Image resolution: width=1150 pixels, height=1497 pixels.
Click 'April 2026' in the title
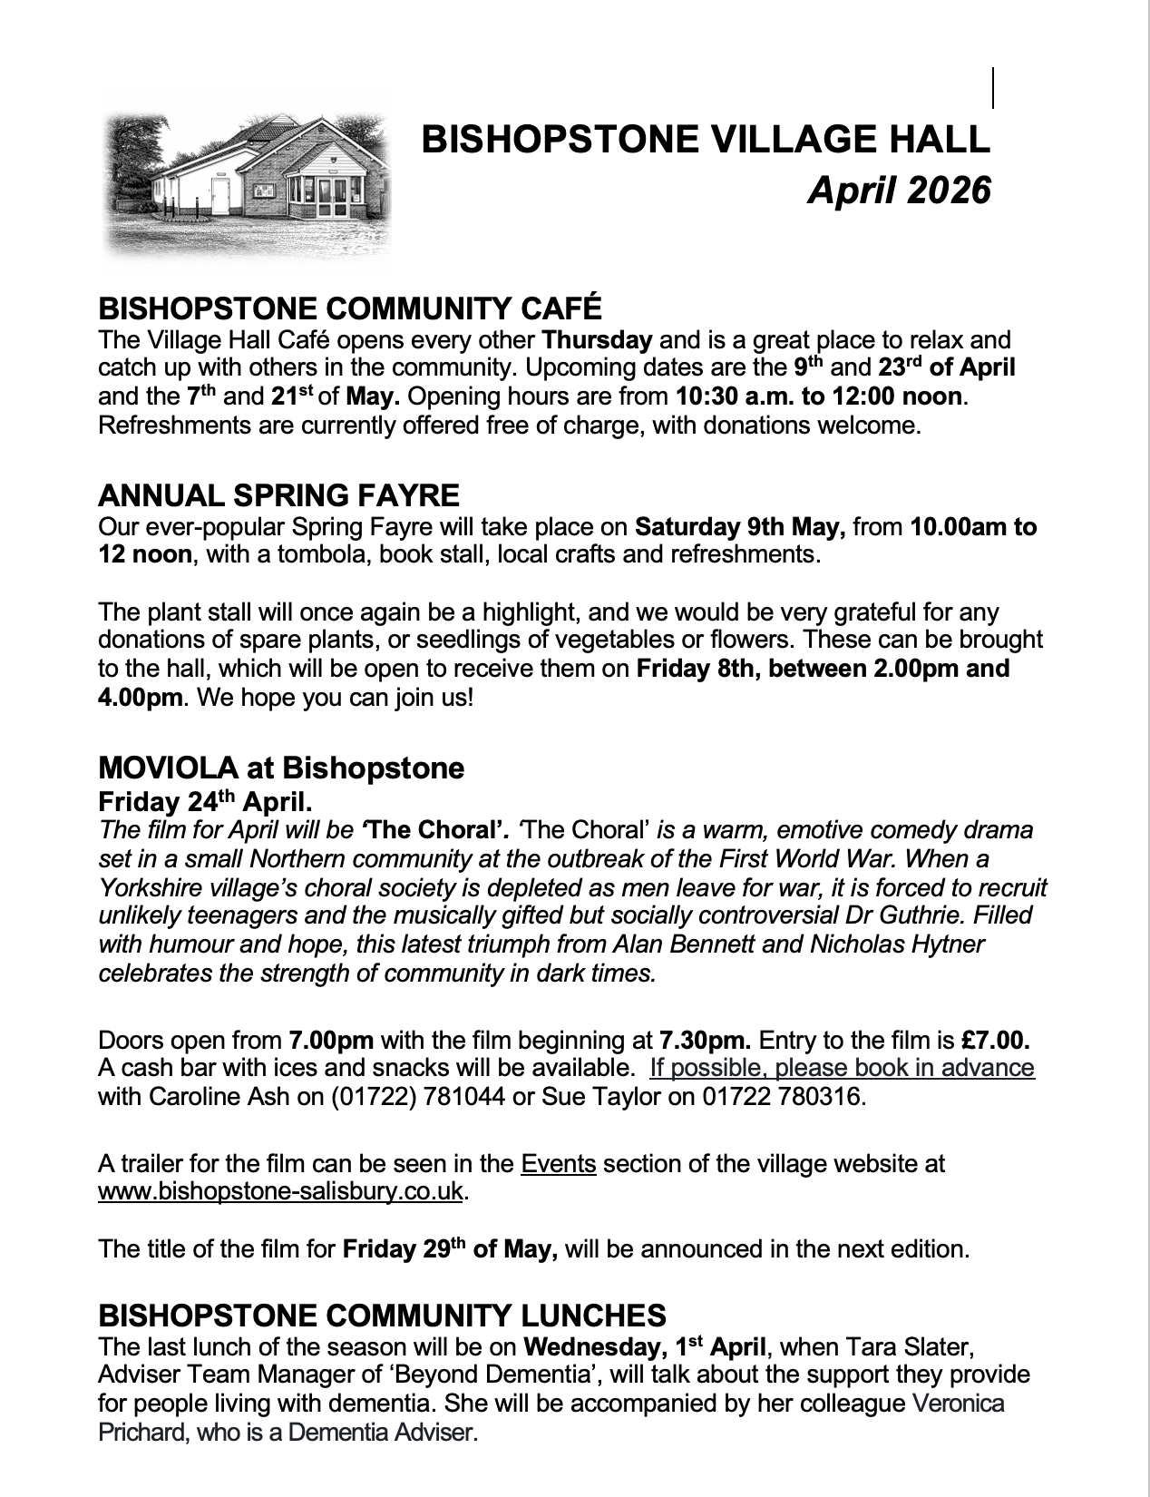click(899, 191)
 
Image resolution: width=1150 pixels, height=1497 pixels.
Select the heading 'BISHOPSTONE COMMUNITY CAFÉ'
click(349, 308)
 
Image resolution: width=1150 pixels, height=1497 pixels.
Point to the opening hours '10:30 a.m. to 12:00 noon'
click(818, 396)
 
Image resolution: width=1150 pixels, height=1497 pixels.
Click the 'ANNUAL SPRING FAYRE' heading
click(278, 495)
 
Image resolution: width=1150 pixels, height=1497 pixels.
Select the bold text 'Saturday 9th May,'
click(740, 526)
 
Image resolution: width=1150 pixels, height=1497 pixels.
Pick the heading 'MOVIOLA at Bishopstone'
click(281, 768)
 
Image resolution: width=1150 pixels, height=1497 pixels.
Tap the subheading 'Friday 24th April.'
click(205, 801)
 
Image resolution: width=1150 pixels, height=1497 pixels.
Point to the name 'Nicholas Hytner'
click(896, 944)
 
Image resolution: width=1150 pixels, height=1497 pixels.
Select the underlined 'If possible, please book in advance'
click(842, 1067)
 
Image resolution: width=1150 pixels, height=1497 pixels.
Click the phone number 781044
click(454, 1096)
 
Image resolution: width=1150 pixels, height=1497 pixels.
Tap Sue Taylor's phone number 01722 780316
click(781, 1096)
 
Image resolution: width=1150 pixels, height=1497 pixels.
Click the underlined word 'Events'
click(559, 1163)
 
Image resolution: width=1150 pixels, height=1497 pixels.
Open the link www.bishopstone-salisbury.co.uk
click(280, 1191)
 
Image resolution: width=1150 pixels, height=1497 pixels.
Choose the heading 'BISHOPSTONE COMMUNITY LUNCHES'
click(382, 1315)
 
